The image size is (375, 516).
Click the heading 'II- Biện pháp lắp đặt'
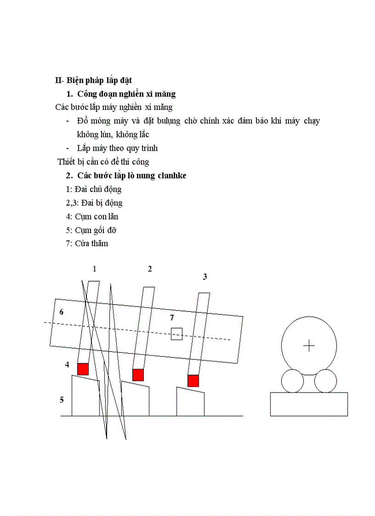click(x=93, y=80)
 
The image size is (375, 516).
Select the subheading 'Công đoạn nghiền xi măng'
click(x=126, y=94)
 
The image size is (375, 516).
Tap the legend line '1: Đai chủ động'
click(x=94, y=189)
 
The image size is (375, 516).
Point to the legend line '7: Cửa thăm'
click(x=87, y=244)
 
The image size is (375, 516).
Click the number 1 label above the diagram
click(x=95, y=269)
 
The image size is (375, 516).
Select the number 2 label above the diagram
click(x=150, y=269)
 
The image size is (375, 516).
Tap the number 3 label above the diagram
click(x=205, y=277)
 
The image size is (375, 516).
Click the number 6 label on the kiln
click(x=62, y=312)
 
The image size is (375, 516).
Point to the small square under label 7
click(x=176, y=334)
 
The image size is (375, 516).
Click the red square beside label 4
click(x=83, y=369)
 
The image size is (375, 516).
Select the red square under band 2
click(x=138, y=375)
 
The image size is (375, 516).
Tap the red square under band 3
click(x=193, y=381)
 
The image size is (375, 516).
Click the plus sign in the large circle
click(x=309, y=346)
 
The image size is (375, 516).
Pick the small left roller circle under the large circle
click(x=292, y=381)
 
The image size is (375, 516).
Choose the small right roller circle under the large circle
click(x=325, y=381)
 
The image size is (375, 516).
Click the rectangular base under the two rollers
click(x=309, y=404)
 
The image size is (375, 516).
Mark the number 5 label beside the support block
click(x=62, y=400)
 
